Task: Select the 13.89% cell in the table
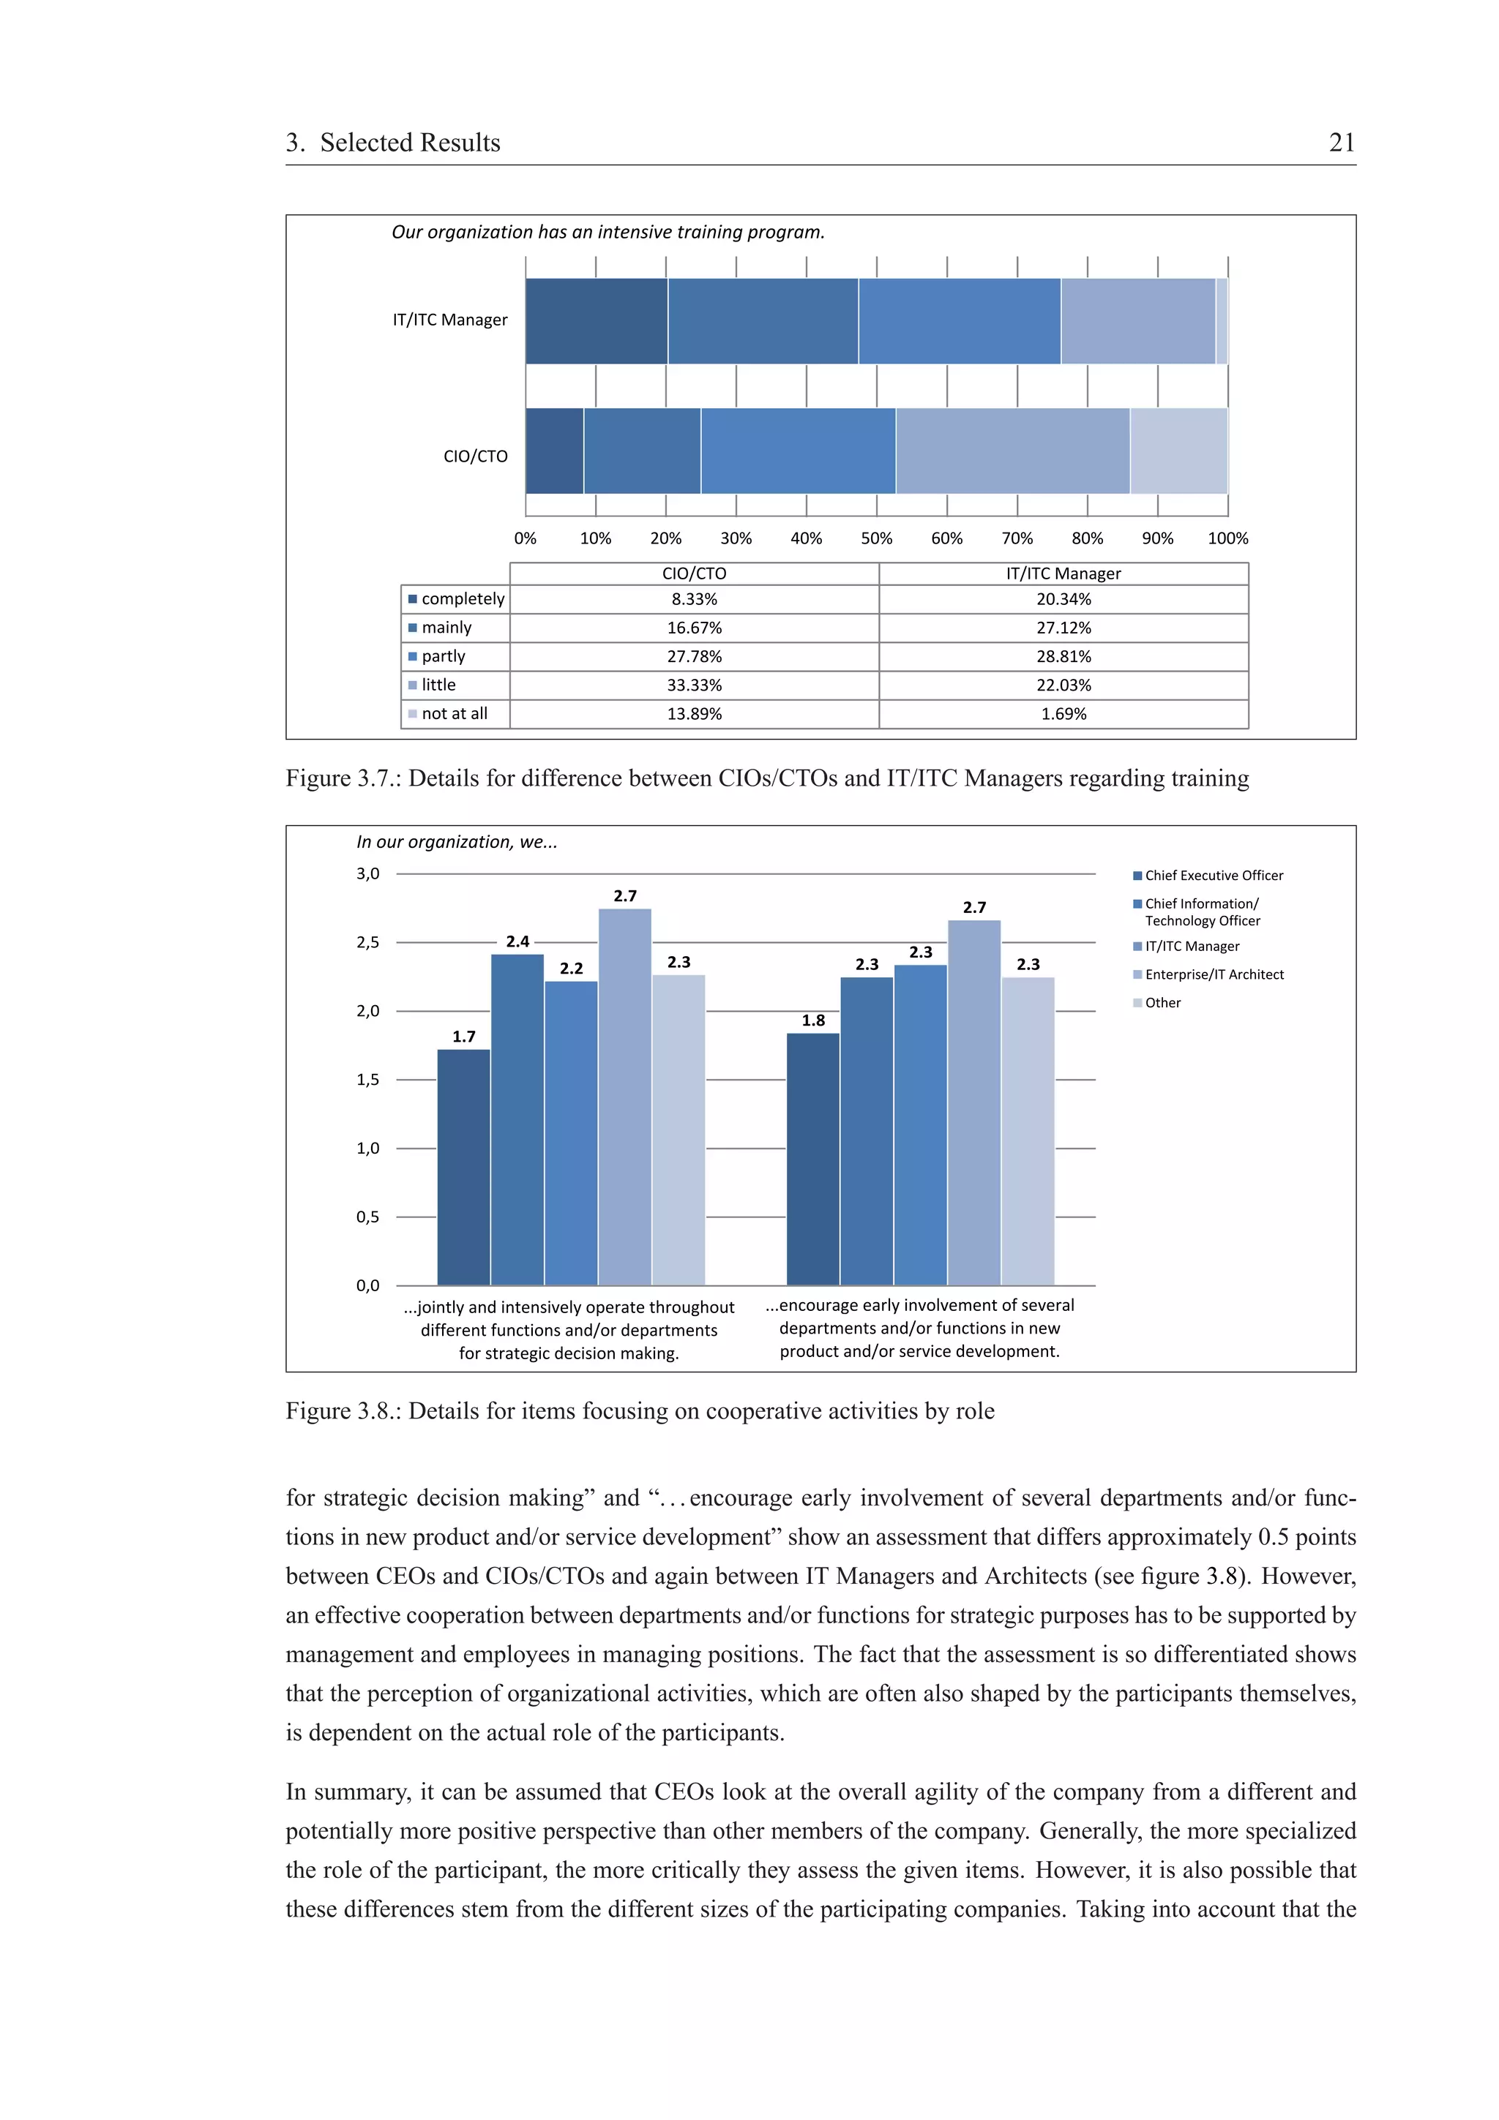pos(694,714)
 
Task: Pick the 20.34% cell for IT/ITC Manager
pos(1063,599)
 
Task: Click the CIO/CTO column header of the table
pos(694,574)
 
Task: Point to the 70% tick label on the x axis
pos(1017,538)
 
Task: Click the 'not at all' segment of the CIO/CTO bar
pos(1178,451)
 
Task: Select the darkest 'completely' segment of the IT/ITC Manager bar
pos(596,320)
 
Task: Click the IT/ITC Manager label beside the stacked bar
pos(450,320)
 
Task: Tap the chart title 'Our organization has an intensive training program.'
pos(608,232)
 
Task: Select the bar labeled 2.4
pos(517,1119)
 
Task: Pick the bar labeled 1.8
pos(812,1159)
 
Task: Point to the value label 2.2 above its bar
pos(572,968)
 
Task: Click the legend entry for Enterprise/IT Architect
pos(1214,974)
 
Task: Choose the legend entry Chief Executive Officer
pos(1214,876)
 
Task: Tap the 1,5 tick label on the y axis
pos(367,1080)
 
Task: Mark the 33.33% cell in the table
pos(694,685)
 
